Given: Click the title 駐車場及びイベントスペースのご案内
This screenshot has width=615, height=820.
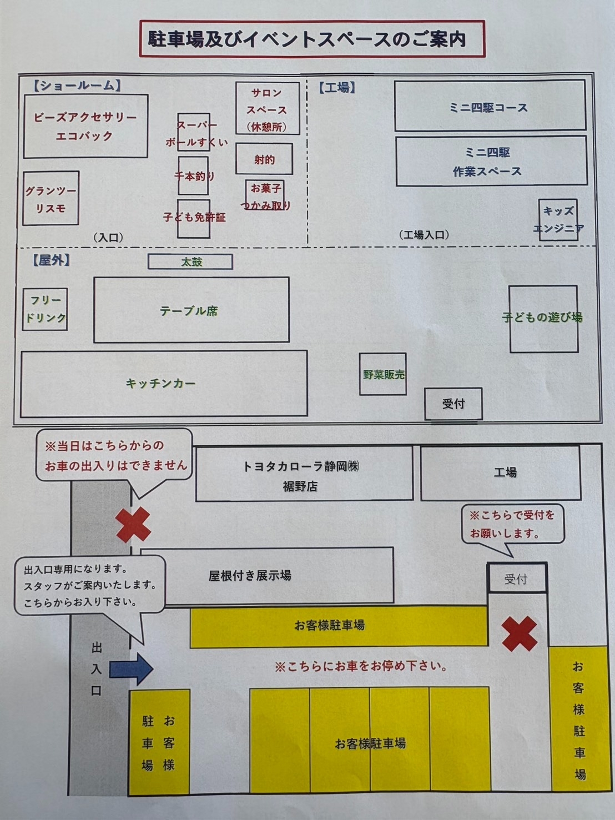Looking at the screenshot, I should coord(307,39).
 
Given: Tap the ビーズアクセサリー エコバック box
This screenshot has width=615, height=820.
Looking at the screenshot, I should coord(85,126).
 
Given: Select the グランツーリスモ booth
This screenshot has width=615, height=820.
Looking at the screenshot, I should coord(51,199).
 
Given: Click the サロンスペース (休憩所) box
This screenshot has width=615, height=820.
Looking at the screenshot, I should coord(268,109).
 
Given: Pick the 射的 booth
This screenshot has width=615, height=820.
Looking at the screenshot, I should coord(264,159).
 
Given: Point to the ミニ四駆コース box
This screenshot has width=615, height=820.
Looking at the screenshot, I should coord(490,107).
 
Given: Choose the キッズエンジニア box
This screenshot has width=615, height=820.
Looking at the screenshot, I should coord(558,219).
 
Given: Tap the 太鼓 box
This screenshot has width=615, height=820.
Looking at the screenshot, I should coord(190,261).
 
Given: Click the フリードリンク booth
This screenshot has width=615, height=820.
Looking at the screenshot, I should coord(46,309).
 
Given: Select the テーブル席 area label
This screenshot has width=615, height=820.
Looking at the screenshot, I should coord(189,311).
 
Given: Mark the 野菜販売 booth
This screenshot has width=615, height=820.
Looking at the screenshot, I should coord(383,374).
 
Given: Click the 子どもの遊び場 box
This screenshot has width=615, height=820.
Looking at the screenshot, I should coord(543,318).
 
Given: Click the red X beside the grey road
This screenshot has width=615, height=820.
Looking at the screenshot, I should coord(134,524).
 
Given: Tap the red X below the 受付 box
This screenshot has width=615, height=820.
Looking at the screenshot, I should coord(519,633).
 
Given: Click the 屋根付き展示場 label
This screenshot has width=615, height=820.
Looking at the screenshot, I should coord(250,576).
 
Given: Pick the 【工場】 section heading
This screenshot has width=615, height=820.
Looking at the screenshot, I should coord(337,88).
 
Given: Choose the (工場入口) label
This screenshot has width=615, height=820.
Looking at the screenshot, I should coord(424,235).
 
